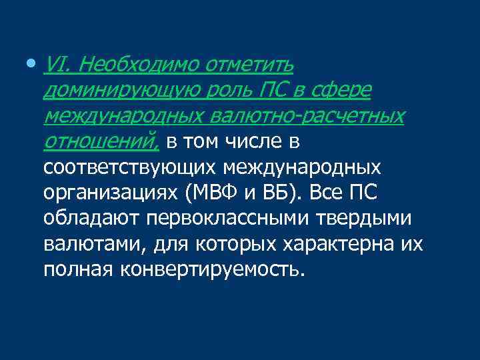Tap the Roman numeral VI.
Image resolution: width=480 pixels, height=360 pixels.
54,65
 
